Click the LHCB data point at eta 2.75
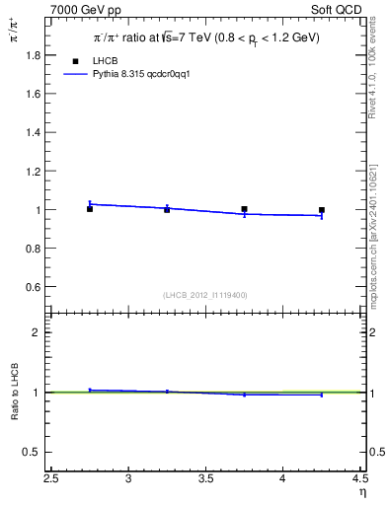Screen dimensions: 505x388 pos(90,209)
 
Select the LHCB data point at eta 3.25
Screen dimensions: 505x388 pos(167,210)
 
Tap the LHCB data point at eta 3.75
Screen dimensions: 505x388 pos(244,209)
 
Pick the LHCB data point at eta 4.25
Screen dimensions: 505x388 pos(322,210)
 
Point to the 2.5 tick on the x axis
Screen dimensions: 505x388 pos(51,480)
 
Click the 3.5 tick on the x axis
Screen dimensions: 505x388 pos(205,480)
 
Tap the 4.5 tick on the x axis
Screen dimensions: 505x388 pos(358,480)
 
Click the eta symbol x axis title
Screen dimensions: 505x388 pos(361,492)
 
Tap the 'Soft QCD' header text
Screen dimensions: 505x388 pos(341,11)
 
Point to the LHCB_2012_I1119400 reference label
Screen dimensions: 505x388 pos(205,295)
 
